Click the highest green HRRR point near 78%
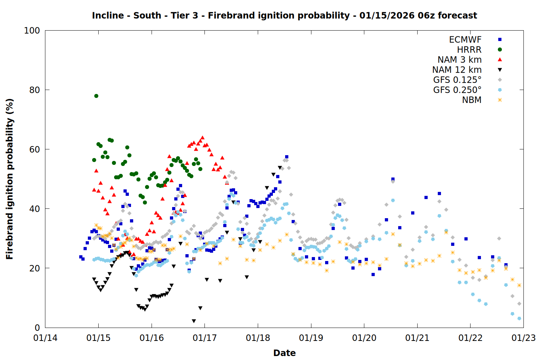(x=96, y=96)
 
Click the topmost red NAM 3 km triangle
(x=202, y=138)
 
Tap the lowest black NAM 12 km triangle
(x=194, y=321)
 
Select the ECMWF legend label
(x=465, y=40)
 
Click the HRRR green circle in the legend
(x=500, y=50)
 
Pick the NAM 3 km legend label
(x=459, y=60)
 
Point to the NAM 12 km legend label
(x=457, y=70)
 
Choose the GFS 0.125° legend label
(x=457, y=80)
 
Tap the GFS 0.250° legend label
(x=457, y=90)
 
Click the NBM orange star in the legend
(x=500, y=100)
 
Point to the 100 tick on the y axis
(x=32, y=31)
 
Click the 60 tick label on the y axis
(x=35, y=149)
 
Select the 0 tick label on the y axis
(x=37, y=328)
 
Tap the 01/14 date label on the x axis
(x=45, y=338)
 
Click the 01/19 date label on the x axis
(x=311, y=338)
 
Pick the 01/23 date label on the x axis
(x=523, y=338)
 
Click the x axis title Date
(x=284, y=353)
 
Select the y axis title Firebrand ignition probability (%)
(x=9, y=179)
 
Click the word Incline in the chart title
(x=108, y=15)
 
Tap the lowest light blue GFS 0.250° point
(x=519, y=318)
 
